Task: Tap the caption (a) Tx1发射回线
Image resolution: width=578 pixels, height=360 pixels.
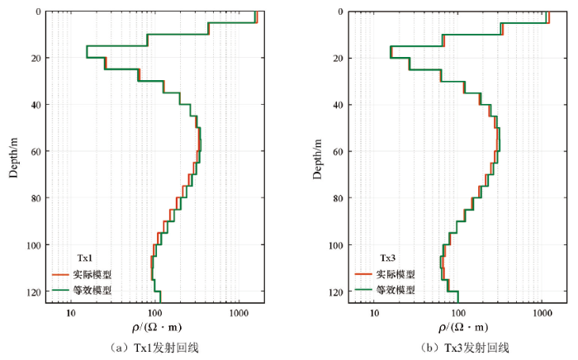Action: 158,348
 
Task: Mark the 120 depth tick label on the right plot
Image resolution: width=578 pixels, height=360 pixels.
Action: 334,292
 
